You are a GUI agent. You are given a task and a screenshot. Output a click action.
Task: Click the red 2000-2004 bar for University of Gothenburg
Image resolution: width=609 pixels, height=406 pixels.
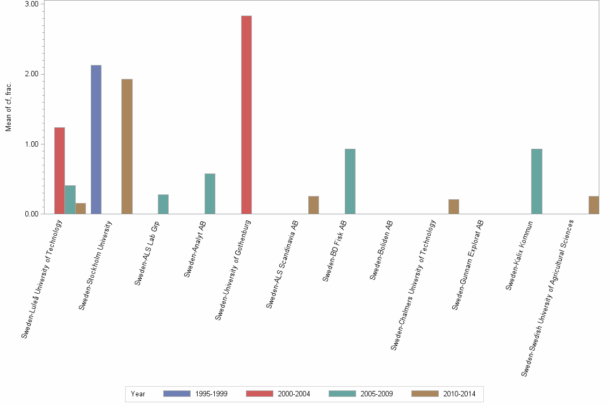(x=246, y=115)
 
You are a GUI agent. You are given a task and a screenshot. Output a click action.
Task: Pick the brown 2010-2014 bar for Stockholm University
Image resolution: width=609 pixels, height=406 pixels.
(x=127, y=147)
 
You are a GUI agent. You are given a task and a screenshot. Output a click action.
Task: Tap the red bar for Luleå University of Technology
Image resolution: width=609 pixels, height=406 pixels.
(x=59, y=171)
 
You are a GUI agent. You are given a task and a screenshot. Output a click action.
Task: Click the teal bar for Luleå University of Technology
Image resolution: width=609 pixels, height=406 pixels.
(x=70, y=200)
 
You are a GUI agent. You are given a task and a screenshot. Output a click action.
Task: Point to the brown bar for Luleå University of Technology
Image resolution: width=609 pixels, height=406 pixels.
(x=81, y=208)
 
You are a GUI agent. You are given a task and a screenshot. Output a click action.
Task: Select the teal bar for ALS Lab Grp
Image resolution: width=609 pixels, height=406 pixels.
(x=163, y=204)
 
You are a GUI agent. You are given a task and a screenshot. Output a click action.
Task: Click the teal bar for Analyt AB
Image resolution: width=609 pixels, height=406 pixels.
(x=210, y=194)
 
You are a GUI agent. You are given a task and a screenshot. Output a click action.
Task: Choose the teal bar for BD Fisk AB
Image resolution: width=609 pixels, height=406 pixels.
(x=350, y=182)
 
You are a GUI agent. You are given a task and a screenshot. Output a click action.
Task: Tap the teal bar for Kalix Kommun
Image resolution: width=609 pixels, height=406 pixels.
(x=536, y=182)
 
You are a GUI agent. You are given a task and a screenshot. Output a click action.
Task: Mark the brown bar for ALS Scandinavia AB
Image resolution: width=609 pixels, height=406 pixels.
(x=314, y=205)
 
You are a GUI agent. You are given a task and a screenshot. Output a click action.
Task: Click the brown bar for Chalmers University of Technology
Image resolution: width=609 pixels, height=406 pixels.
(x=454, y=207)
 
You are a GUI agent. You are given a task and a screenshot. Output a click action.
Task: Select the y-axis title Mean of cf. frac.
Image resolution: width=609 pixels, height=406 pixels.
(x=8, y=107)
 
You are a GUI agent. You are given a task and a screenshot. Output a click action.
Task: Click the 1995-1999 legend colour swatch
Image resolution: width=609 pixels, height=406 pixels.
(x=177, y=394)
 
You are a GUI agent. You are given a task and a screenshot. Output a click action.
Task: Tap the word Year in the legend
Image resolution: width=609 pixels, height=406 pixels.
(x=138, y=394)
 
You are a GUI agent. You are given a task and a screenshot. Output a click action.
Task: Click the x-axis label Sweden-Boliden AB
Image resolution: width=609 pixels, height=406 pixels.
(x=382, y=250)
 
